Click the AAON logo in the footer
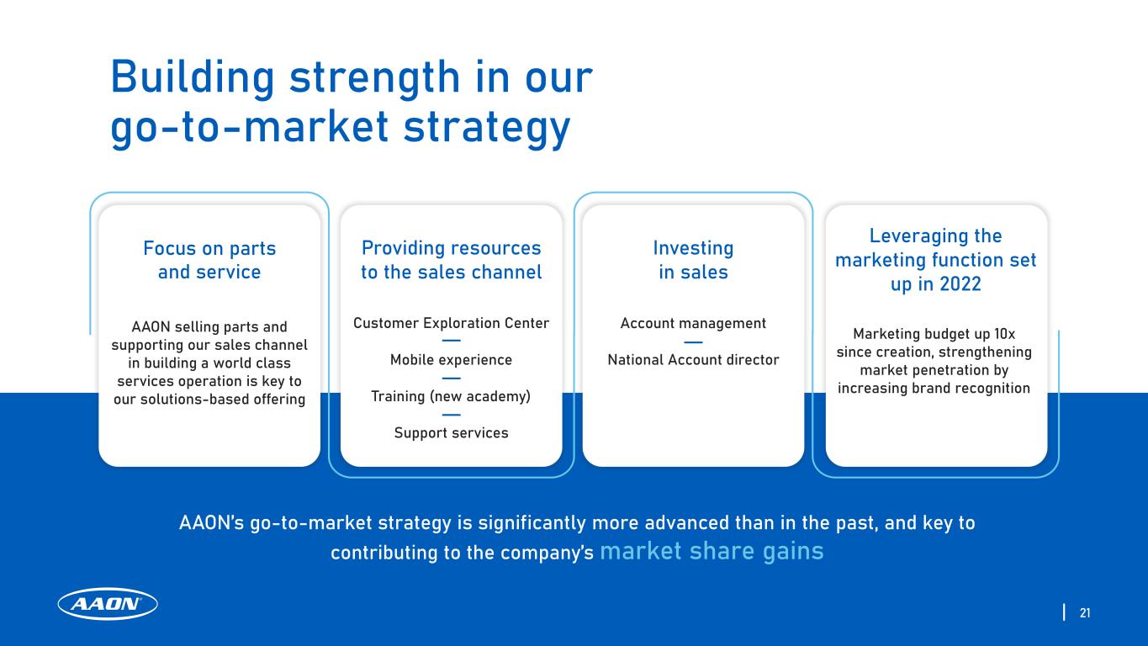click(108, 604)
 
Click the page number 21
click(1085, 612)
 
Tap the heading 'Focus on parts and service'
click(209, 260)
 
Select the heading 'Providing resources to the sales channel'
click(451, 260)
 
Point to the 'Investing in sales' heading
click(693, 260)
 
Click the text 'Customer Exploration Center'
click(451, 323)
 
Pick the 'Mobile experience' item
click(451, 360)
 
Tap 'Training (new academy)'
click(451, 396)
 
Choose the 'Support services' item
click(451, 432)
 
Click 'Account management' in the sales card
click(693, 324)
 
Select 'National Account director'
click(693, 360)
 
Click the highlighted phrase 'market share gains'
click(712, 551)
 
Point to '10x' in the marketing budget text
click(1004, 334)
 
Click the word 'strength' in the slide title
click(374, 78)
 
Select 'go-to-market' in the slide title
click(250, 128)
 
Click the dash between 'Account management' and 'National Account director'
click(693, 342)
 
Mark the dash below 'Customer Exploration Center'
click(451, 341)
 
